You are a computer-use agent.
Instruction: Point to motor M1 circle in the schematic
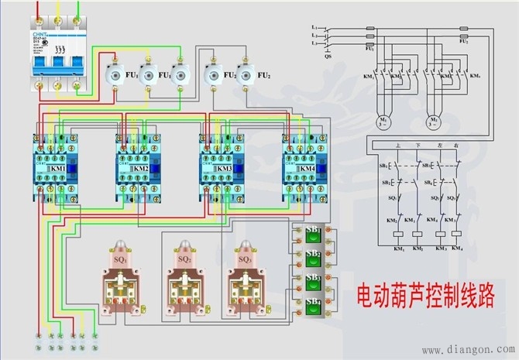coord(383,122)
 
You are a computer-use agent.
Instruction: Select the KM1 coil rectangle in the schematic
coord(396,233)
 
